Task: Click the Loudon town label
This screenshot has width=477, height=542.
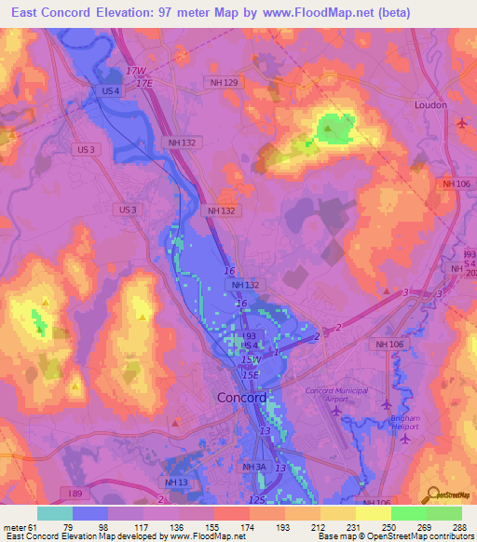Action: point(432,105)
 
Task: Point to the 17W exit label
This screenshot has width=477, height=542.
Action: point(136,72)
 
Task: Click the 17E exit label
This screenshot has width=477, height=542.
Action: point(143,83)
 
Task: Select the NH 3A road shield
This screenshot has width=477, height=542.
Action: point(254,467)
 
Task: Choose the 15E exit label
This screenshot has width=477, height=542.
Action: point(252,373)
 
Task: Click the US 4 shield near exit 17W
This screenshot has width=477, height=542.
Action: point(110,90)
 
